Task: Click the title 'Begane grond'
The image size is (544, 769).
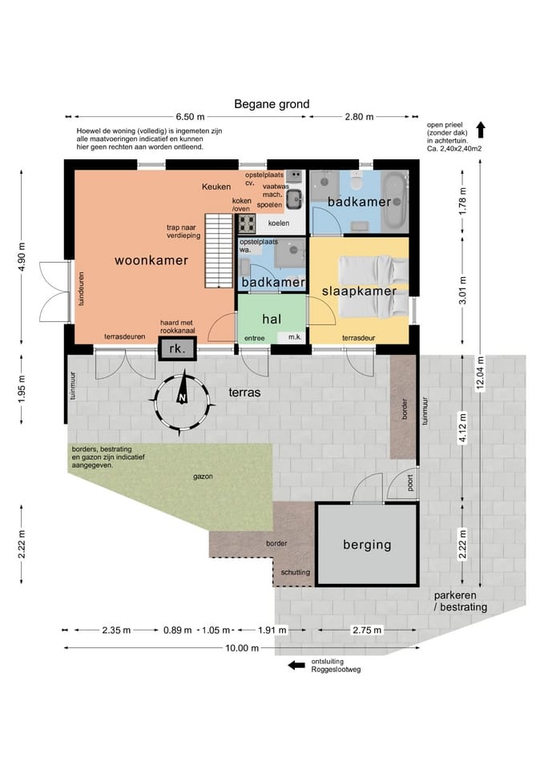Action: coord(272,104)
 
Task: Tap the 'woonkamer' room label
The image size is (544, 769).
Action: coord(151,260)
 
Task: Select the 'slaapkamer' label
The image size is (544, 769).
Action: coord(359,291)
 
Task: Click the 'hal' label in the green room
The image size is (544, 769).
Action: coord(272,319)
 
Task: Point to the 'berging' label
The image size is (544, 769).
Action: coord(367,545)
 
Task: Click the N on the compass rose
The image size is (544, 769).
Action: coord(182,397)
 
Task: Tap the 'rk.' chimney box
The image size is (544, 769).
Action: coord(177,348)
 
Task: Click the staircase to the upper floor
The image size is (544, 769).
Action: coord(218,251)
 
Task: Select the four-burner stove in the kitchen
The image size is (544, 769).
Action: coord(246,223)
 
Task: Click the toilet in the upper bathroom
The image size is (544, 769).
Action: coord(357,182)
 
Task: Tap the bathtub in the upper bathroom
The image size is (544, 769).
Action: coord(395,202)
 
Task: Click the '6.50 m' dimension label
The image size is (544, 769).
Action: coord(191,117)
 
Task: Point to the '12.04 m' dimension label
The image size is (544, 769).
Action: coord(480,373)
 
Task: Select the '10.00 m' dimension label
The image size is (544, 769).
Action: coord(242,648)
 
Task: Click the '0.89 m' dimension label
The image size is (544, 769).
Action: coord(178,630)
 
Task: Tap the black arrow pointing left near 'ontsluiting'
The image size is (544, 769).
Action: coord(296,666)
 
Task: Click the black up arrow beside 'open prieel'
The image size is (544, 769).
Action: coord(481,130)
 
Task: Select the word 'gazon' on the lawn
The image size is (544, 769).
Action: coord(203,476)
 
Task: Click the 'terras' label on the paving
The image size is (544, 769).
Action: coord(244,393)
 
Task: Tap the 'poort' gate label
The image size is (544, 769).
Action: coord(410,482)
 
